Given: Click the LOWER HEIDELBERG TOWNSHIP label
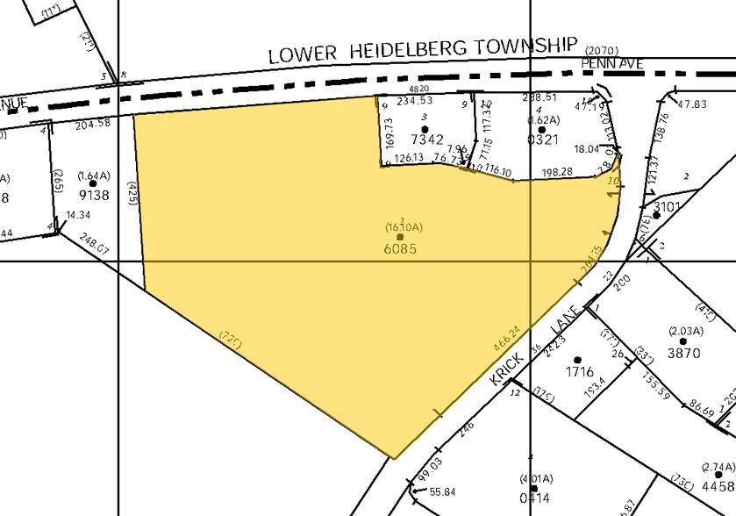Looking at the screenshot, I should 423,51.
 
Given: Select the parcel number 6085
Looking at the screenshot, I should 400,248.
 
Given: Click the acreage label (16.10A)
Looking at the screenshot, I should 404,227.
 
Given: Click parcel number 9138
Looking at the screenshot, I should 94,195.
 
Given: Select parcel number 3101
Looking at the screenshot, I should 667,208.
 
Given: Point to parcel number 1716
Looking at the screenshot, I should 579,372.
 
